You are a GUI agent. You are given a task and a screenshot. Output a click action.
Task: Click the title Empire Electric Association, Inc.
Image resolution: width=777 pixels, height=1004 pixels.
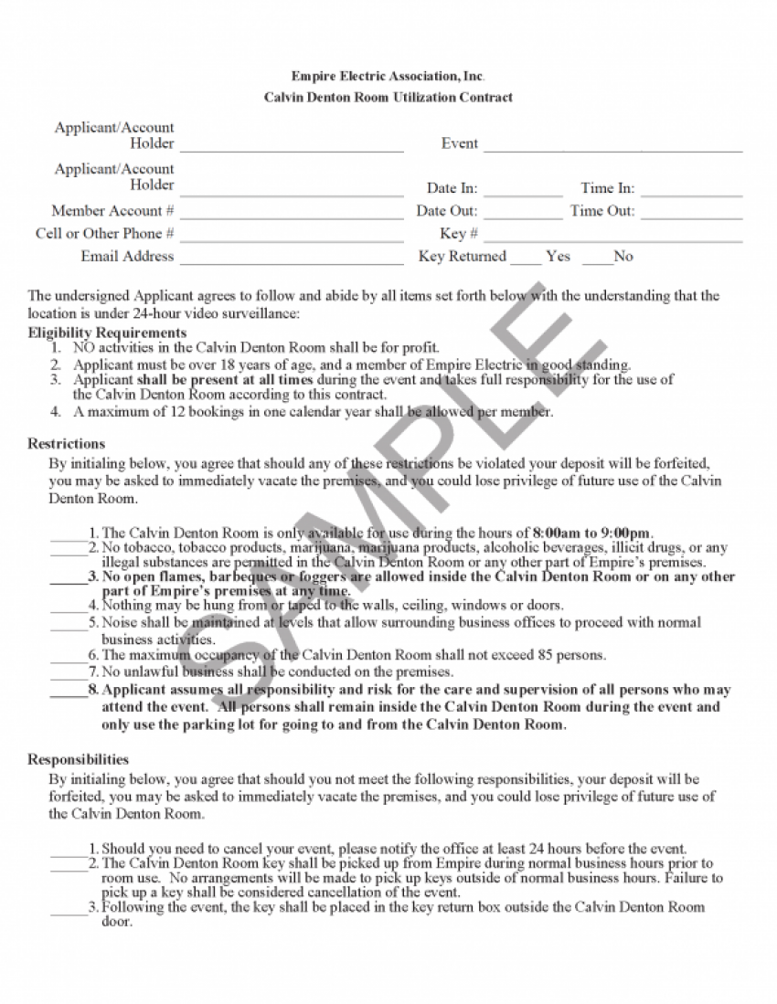pos(388,76)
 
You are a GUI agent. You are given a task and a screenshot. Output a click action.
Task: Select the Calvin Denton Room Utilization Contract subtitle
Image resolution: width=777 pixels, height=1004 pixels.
pos(388,97)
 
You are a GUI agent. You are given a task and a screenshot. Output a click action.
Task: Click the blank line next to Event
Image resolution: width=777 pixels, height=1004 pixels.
pos(612,146)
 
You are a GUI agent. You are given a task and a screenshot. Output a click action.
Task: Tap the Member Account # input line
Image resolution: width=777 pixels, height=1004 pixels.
pos(292,214)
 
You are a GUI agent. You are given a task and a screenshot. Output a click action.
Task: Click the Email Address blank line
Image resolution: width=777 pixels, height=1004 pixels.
pos(292,259)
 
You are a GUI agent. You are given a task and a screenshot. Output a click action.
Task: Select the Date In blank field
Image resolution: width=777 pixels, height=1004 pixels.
pos(523,192)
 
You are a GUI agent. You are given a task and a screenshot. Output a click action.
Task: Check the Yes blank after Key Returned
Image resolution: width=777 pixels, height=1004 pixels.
pos(526,259)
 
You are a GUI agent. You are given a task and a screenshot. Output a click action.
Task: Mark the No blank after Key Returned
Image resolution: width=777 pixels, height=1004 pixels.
pos(597,259)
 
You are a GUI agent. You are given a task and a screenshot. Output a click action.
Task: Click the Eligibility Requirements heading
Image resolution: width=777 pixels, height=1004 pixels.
pos(107,333)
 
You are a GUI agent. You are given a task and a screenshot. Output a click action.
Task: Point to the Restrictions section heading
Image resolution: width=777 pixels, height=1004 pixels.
pos(66,444)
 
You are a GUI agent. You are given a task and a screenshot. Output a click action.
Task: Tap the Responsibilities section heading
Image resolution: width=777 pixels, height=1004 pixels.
pos(78,759)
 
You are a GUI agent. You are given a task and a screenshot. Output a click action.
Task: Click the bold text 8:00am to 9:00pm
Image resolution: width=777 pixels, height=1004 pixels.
pos(592,534)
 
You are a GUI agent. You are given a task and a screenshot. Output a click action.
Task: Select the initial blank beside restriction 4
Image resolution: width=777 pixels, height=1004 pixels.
pos(68,608)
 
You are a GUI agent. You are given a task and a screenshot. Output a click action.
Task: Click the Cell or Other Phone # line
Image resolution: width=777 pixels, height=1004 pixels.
pos(292,237)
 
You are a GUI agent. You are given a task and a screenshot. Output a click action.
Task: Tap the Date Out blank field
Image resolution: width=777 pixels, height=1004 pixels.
pos(523,214)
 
